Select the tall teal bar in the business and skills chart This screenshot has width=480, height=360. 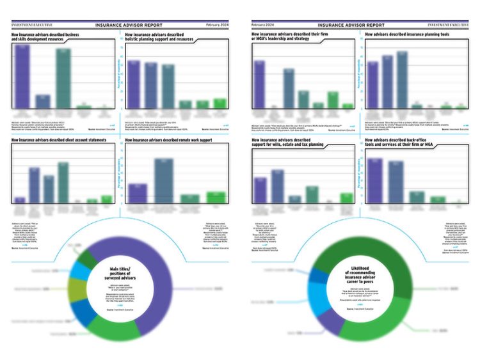63,78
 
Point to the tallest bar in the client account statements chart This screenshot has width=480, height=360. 63,182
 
